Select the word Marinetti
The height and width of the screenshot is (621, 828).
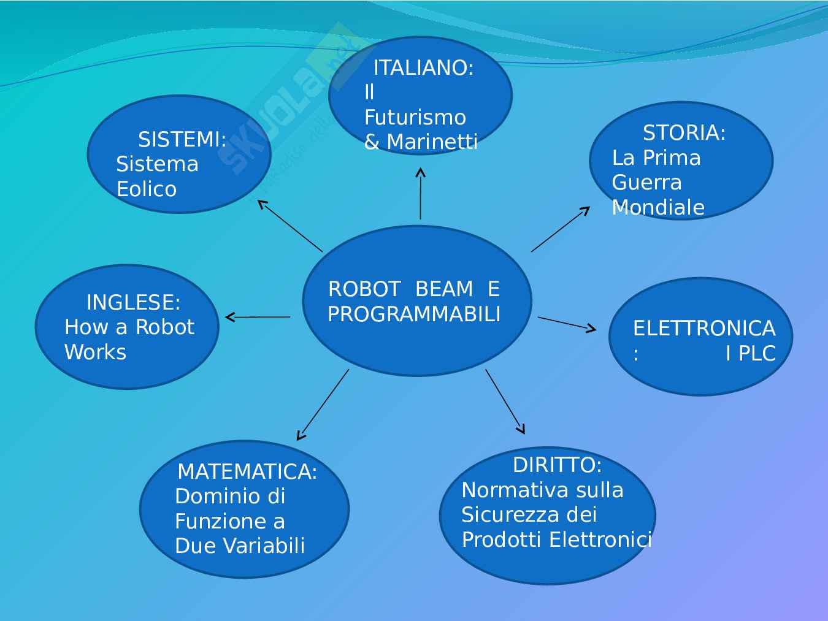click(x=432, y=142)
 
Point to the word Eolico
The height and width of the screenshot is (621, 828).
click(x=147, y=189)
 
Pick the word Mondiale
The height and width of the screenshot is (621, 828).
click(x=658, y=207)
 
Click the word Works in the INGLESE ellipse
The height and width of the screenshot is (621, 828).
click(x=95, y=352)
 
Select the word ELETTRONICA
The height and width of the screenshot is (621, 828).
click(x=704, y=329)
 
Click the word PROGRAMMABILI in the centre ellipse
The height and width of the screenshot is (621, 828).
click(x=414, y=314)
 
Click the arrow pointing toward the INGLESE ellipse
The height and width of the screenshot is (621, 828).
click(x=258, y=317)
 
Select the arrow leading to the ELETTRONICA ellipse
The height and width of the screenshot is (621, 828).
click(x=567, y=324)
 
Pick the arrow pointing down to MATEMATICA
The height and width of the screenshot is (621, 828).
click(x=323, y=405)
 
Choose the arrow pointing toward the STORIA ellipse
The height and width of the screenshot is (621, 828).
click(x=560, y=229)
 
